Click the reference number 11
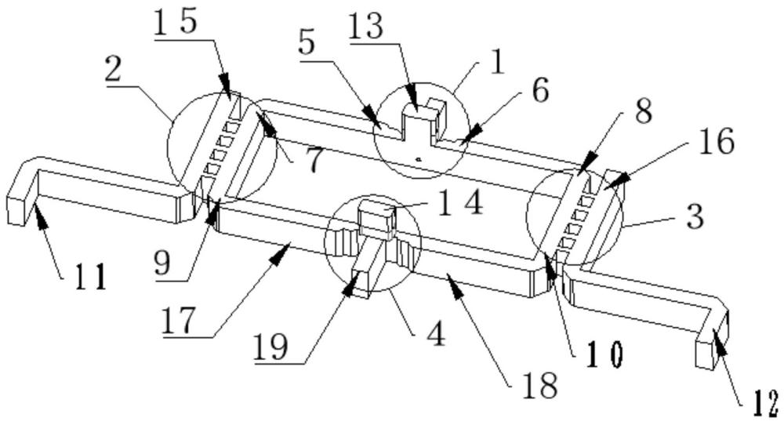(90, 277)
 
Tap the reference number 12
(764, 404)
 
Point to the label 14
(460, 202)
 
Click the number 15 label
(176, 22)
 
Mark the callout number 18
(540, 385)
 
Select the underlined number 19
(271, 347)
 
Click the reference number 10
(604, 353)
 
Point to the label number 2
(114, 70)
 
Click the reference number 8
(643, 111)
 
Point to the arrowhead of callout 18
(452, 283)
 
